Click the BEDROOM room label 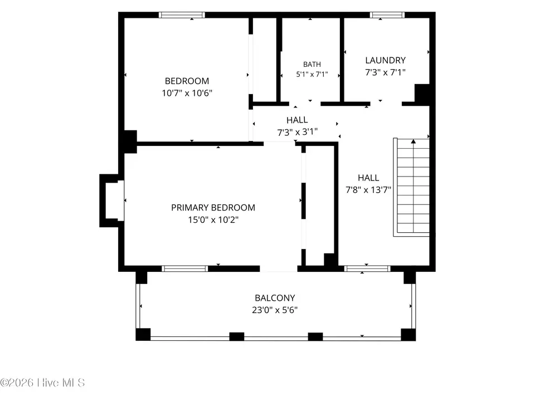coord(187,81)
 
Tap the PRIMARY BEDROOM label coord(213,208)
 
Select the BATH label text coord(312,65)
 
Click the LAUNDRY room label coord(385,60)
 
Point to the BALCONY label coord(275,298)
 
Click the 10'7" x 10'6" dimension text coord(187,93)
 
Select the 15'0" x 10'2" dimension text coord(213,219)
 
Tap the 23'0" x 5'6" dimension coord(275,310)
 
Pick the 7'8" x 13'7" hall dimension coord(368,189)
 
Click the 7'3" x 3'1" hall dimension coord(297,132)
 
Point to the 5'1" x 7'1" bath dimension coord(312,74)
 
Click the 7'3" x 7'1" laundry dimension coord(385,72)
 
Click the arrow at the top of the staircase coord(413,141)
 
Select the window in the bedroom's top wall coord(182,15)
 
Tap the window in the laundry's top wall coord(387,15)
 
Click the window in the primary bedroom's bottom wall coord(185,268)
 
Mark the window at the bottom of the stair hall coord(367,268)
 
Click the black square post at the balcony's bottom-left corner coord(143,335)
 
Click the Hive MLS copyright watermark coord(42,383)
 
